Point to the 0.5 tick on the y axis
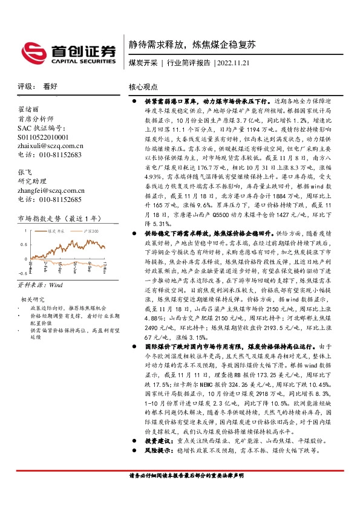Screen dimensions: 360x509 pos(23,244)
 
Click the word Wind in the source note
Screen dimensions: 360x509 pos(56,284)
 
